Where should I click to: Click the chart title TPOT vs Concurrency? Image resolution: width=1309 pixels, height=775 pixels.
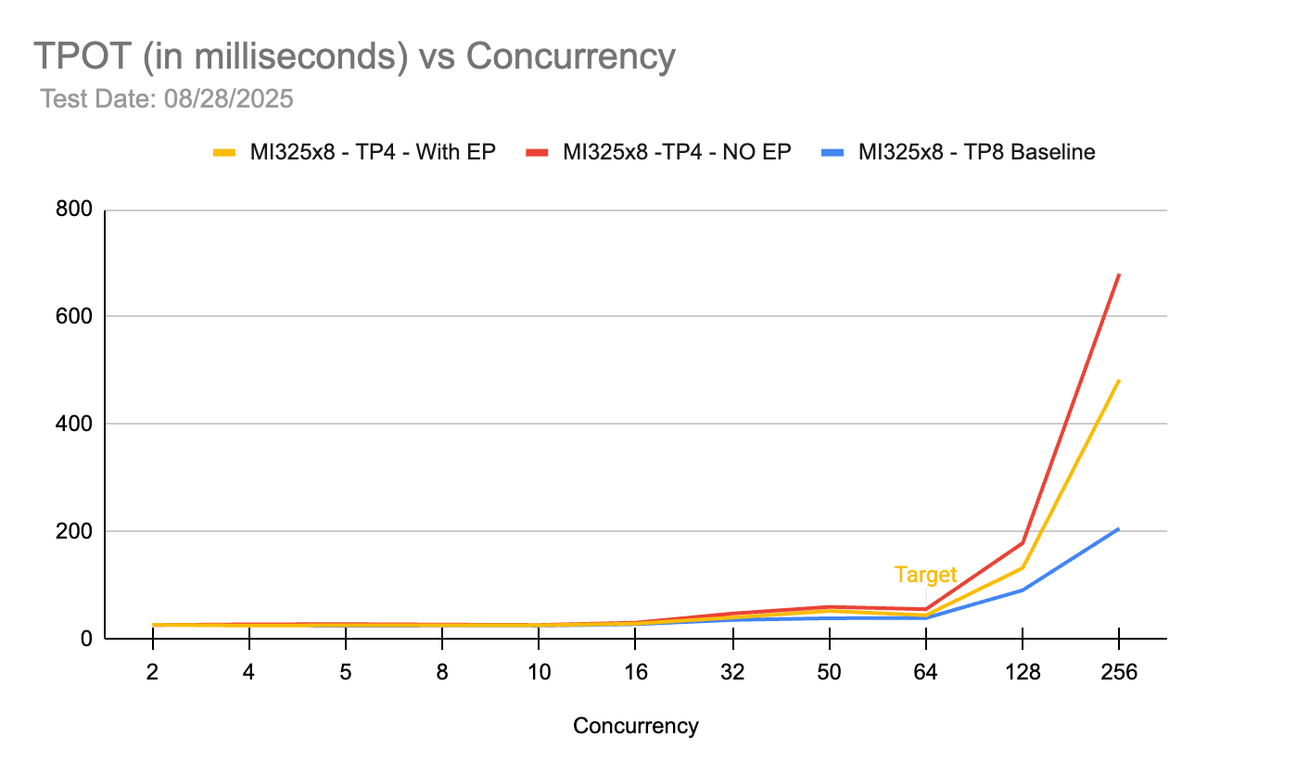(x=354, y=57)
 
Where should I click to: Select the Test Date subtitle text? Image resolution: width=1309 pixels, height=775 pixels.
(x=167, y=98)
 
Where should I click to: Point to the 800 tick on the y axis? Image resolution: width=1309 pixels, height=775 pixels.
(x=75, y=210)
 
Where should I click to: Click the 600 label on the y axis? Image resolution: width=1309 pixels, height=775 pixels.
(x=75, y=317)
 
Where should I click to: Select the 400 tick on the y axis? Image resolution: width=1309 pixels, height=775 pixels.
(x=75, y=424)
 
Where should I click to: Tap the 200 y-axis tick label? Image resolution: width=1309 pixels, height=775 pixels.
(x=75, y=531)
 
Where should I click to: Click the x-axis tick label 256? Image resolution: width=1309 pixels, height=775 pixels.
(x=1118, y=673)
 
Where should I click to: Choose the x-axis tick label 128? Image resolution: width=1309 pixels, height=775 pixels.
(x=1022, y=673)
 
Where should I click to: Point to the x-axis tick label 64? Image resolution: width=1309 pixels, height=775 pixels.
(x=925, y=673)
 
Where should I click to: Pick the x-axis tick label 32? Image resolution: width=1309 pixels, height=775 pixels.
(x=732, y=673)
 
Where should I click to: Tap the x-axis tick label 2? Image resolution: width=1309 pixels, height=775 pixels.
(x=152, y=673)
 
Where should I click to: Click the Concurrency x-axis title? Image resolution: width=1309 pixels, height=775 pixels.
(x=635, y=726)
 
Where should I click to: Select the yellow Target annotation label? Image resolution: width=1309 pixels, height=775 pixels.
(x=925, y=575)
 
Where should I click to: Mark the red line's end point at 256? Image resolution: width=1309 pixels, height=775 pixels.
(x=1118, y=274)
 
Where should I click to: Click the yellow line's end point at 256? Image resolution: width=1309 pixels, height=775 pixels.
(x=1118, y=380)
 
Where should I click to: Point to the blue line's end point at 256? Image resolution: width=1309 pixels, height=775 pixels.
(x=1118, y=529)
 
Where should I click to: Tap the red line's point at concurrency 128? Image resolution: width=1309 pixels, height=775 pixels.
(x=1022, y=542)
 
